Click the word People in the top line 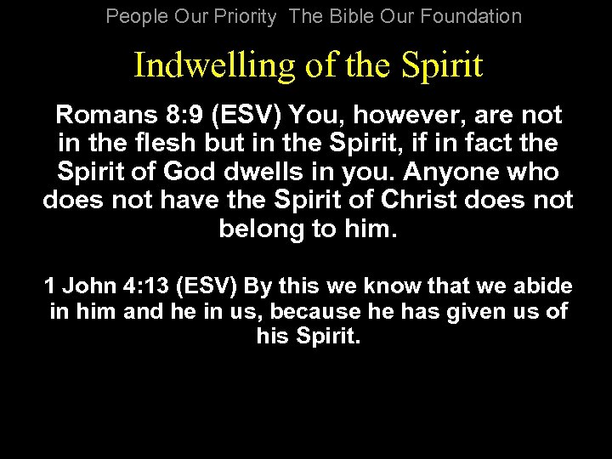(134, 16)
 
